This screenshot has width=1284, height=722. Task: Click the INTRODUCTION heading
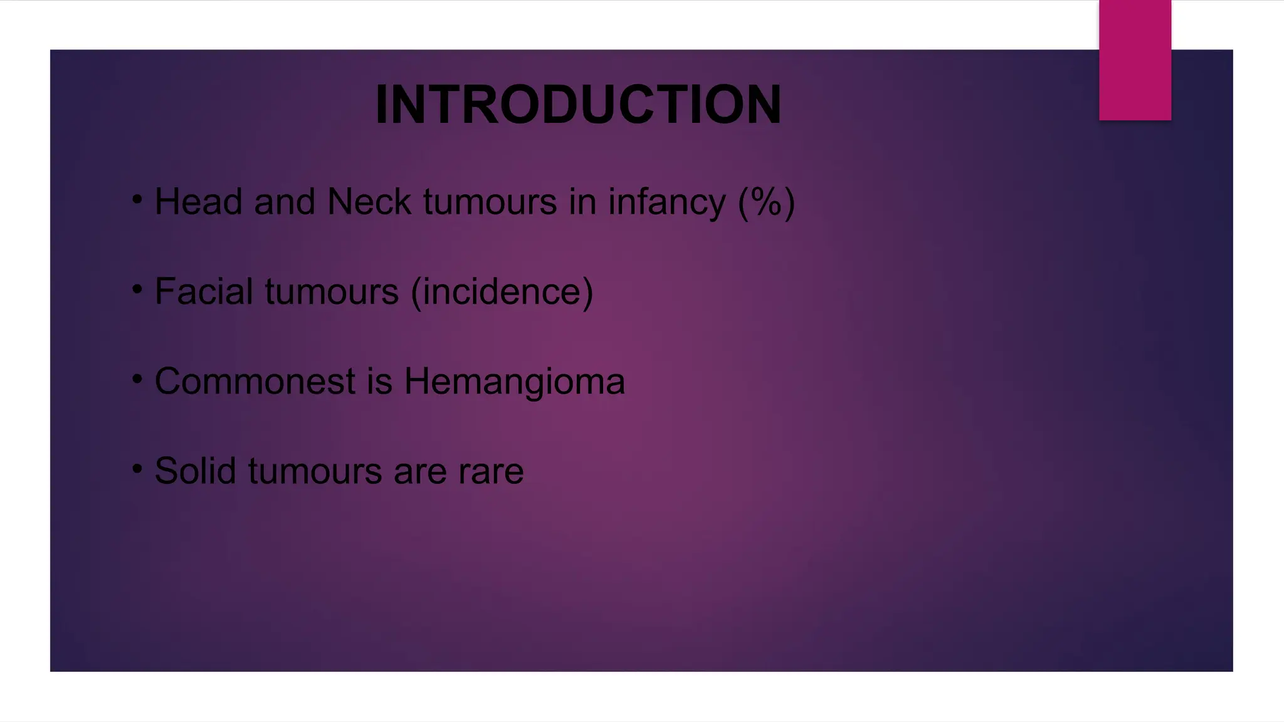[578, 105]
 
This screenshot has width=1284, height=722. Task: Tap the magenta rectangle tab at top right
[1135, 60]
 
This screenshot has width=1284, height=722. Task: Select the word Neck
[369, 202]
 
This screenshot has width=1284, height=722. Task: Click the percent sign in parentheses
[766, 202]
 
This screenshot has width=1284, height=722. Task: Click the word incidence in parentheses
[502, 292]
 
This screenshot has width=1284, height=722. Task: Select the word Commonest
[255, 382]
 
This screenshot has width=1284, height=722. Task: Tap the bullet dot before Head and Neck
[137, 200]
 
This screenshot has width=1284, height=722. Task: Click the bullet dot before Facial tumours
[137, 290]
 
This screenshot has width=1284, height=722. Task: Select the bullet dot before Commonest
[137, 379]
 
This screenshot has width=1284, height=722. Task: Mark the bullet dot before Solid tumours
[137, 469]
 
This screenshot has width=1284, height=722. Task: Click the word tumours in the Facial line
[332, 293]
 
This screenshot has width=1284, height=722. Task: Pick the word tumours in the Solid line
[315, 472]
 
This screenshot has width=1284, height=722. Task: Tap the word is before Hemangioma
[379, 382]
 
